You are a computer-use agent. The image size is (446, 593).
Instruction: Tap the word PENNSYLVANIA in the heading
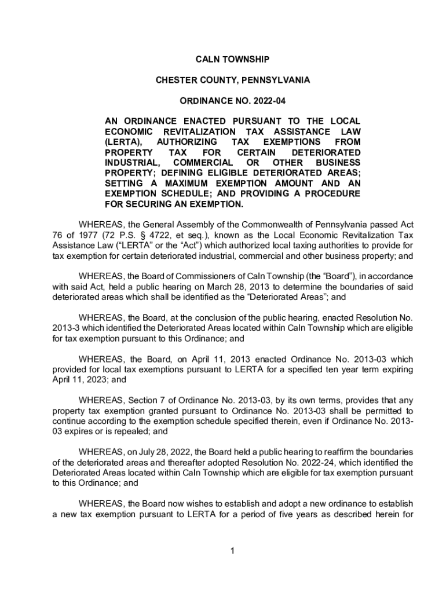276,80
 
